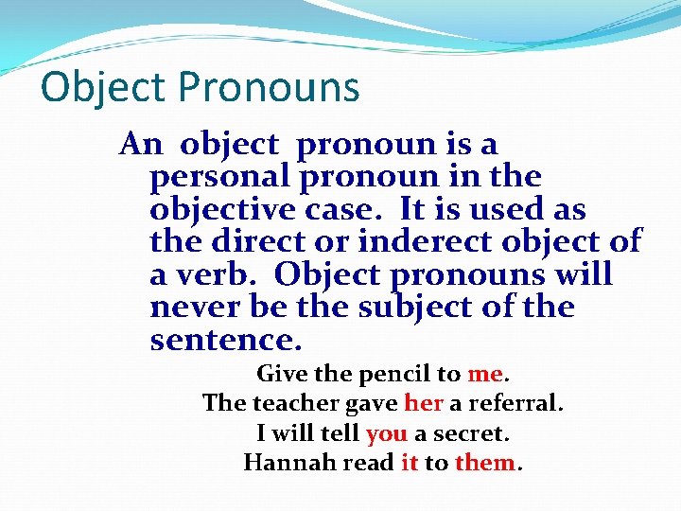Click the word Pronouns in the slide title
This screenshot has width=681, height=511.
(269, 88)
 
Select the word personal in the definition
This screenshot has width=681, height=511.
(219, 176)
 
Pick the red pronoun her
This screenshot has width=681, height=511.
(423, 404)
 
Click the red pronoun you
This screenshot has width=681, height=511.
(385, 434)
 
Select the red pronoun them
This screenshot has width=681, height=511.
(485, 464)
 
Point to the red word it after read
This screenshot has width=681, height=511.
(410, 464)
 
